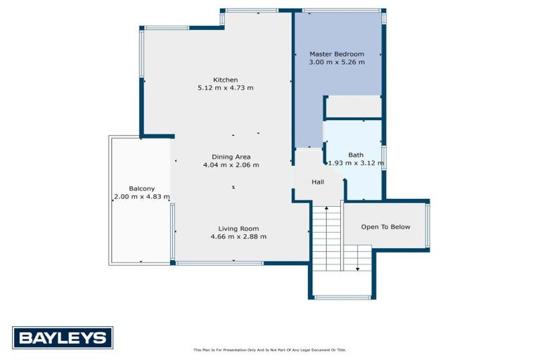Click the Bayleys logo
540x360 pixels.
pos(63,337)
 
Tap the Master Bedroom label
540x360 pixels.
pos(337,54)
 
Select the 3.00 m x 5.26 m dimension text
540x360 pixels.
pos(337,63)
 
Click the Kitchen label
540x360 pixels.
pos(226,79)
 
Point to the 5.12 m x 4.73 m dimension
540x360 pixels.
pos(226,88)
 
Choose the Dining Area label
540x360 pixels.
pos(231,157)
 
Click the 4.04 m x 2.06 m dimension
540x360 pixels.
pos(231,165)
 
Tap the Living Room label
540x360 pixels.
pos(238,229)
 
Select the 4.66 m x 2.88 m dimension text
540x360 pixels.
pos(238,237)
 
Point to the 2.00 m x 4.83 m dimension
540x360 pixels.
pos(141,197)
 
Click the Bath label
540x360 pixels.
pos(356,155)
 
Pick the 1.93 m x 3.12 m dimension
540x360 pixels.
pos(356,163)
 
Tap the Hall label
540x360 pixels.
pos(318,182)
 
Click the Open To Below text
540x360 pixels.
pos(385,227)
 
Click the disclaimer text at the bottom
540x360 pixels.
pos(270,349)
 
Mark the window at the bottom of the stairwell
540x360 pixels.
pos(342,297)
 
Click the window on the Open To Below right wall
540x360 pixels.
pos(427,225)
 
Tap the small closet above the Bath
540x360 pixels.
pos(354,107)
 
